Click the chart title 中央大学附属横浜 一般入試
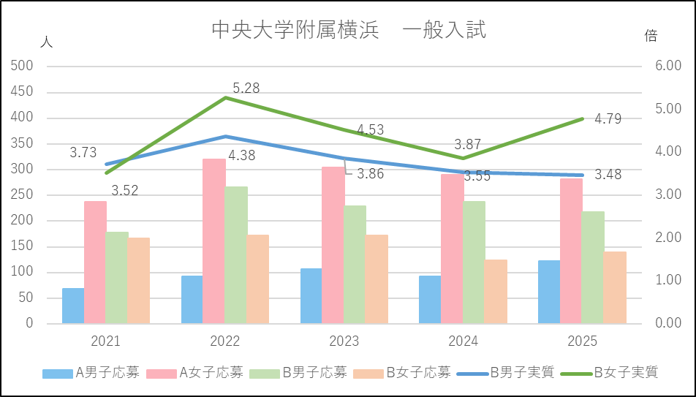[x=348, y=30]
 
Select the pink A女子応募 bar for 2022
[x=214, y=241]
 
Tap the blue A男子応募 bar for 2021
[x=73, y=306]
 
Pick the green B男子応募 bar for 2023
[x=355, y=264]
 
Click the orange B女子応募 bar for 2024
[x=496, y=291]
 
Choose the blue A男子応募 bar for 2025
[x=549, y=292]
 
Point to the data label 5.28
[x=246, y=88]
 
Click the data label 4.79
[x=608, y=118]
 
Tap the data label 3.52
[x=124, y=191]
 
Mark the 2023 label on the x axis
[x=344, y=341]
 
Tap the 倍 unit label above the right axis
[x=651, y=35]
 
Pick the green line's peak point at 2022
[x=225, y=97]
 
